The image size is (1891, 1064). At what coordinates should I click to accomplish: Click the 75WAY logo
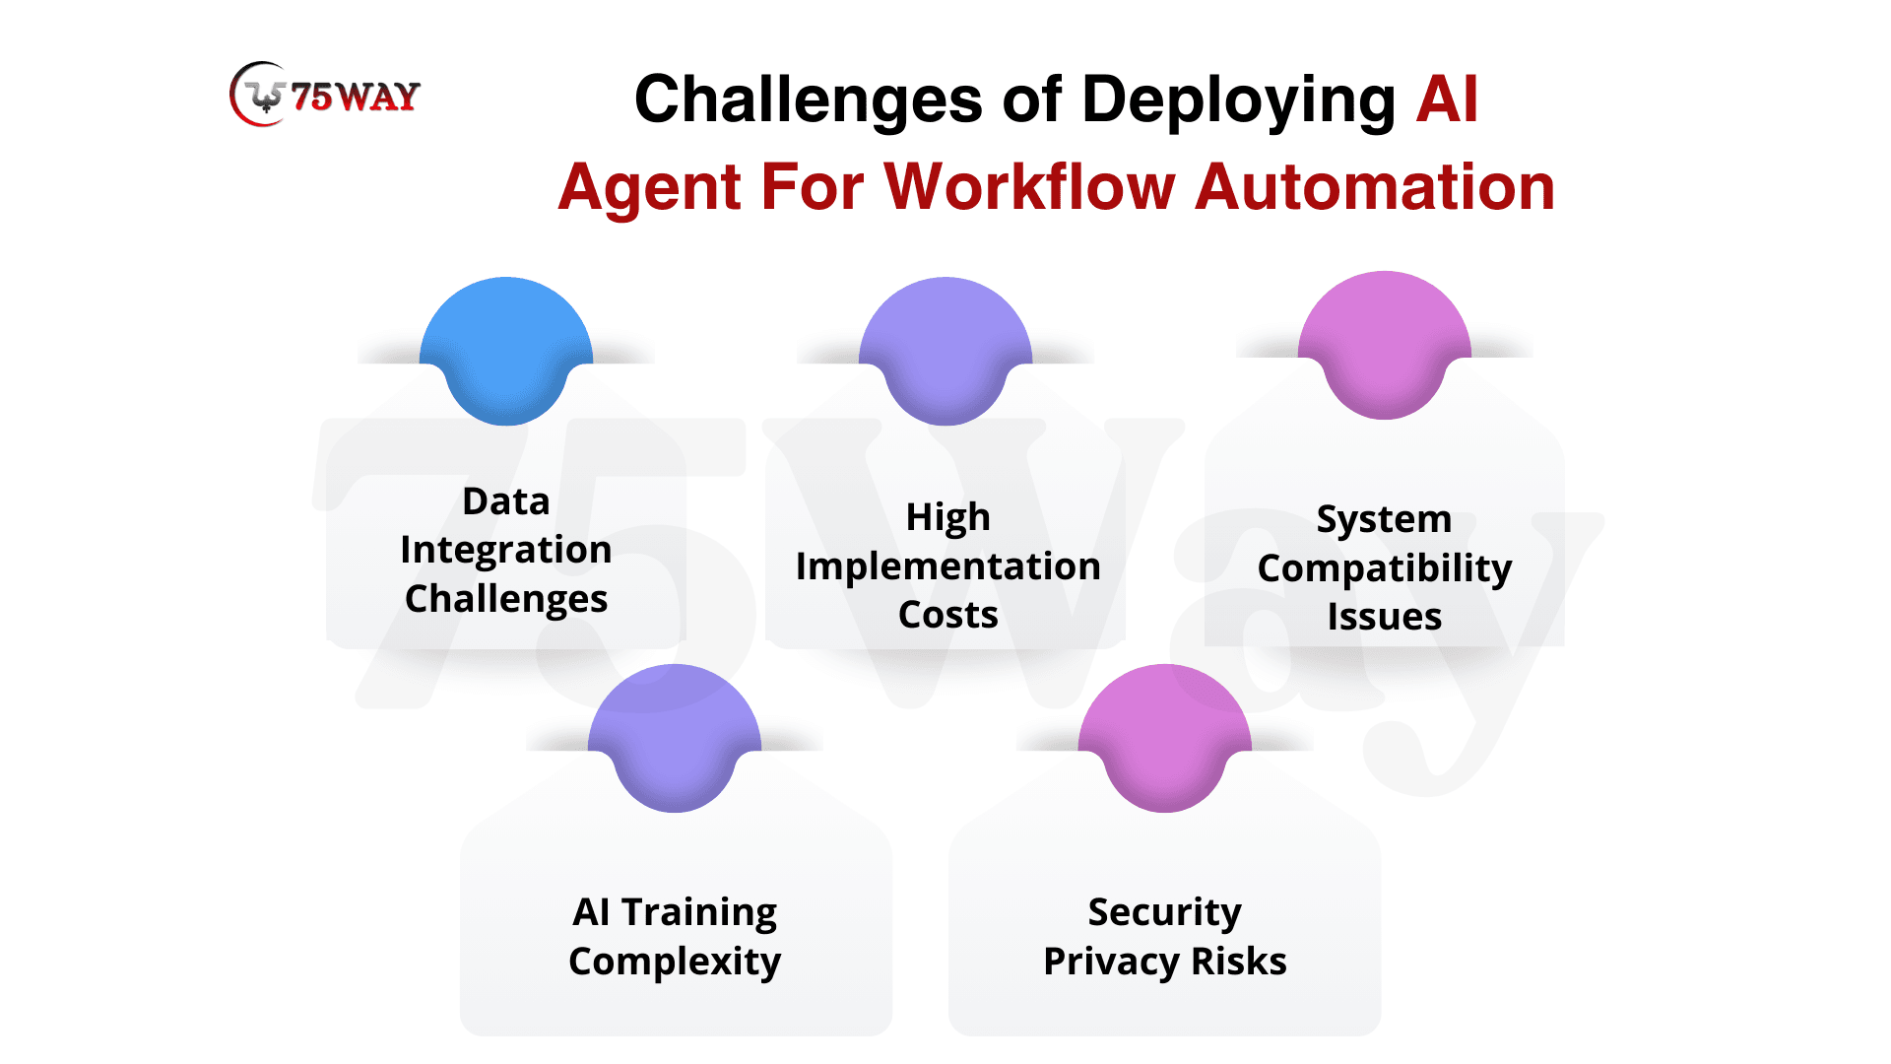325,95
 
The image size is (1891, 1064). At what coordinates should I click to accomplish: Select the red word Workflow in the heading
1030,187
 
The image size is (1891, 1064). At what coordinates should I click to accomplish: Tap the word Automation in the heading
1375,187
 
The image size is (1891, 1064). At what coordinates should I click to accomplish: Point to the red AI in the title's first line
1447,99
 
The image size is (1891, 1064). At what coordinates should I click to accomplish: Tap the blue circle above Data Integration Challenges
506,351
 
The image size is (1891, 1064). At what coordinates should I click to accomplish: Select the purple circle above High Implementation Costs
945,351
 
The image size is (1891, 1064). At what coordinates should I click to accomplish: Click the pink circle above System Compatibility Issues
1385,345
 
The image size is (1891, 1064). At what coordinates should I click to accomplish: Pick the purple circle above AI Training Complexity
675,738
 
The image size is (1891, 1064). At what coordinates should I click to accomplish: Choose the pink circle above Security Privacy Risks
1165,738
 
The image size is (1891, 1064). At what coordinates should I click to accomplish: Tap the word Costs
947,616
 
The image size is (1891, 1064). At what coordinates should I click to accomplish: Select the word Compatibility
1385,570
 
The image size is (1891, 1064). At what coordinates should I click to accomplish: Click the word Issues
1385,618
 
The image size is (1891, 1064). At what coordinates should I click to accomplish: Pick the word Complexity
675,963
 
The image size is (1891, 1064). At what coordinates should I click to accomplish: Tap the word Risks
1239,962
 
